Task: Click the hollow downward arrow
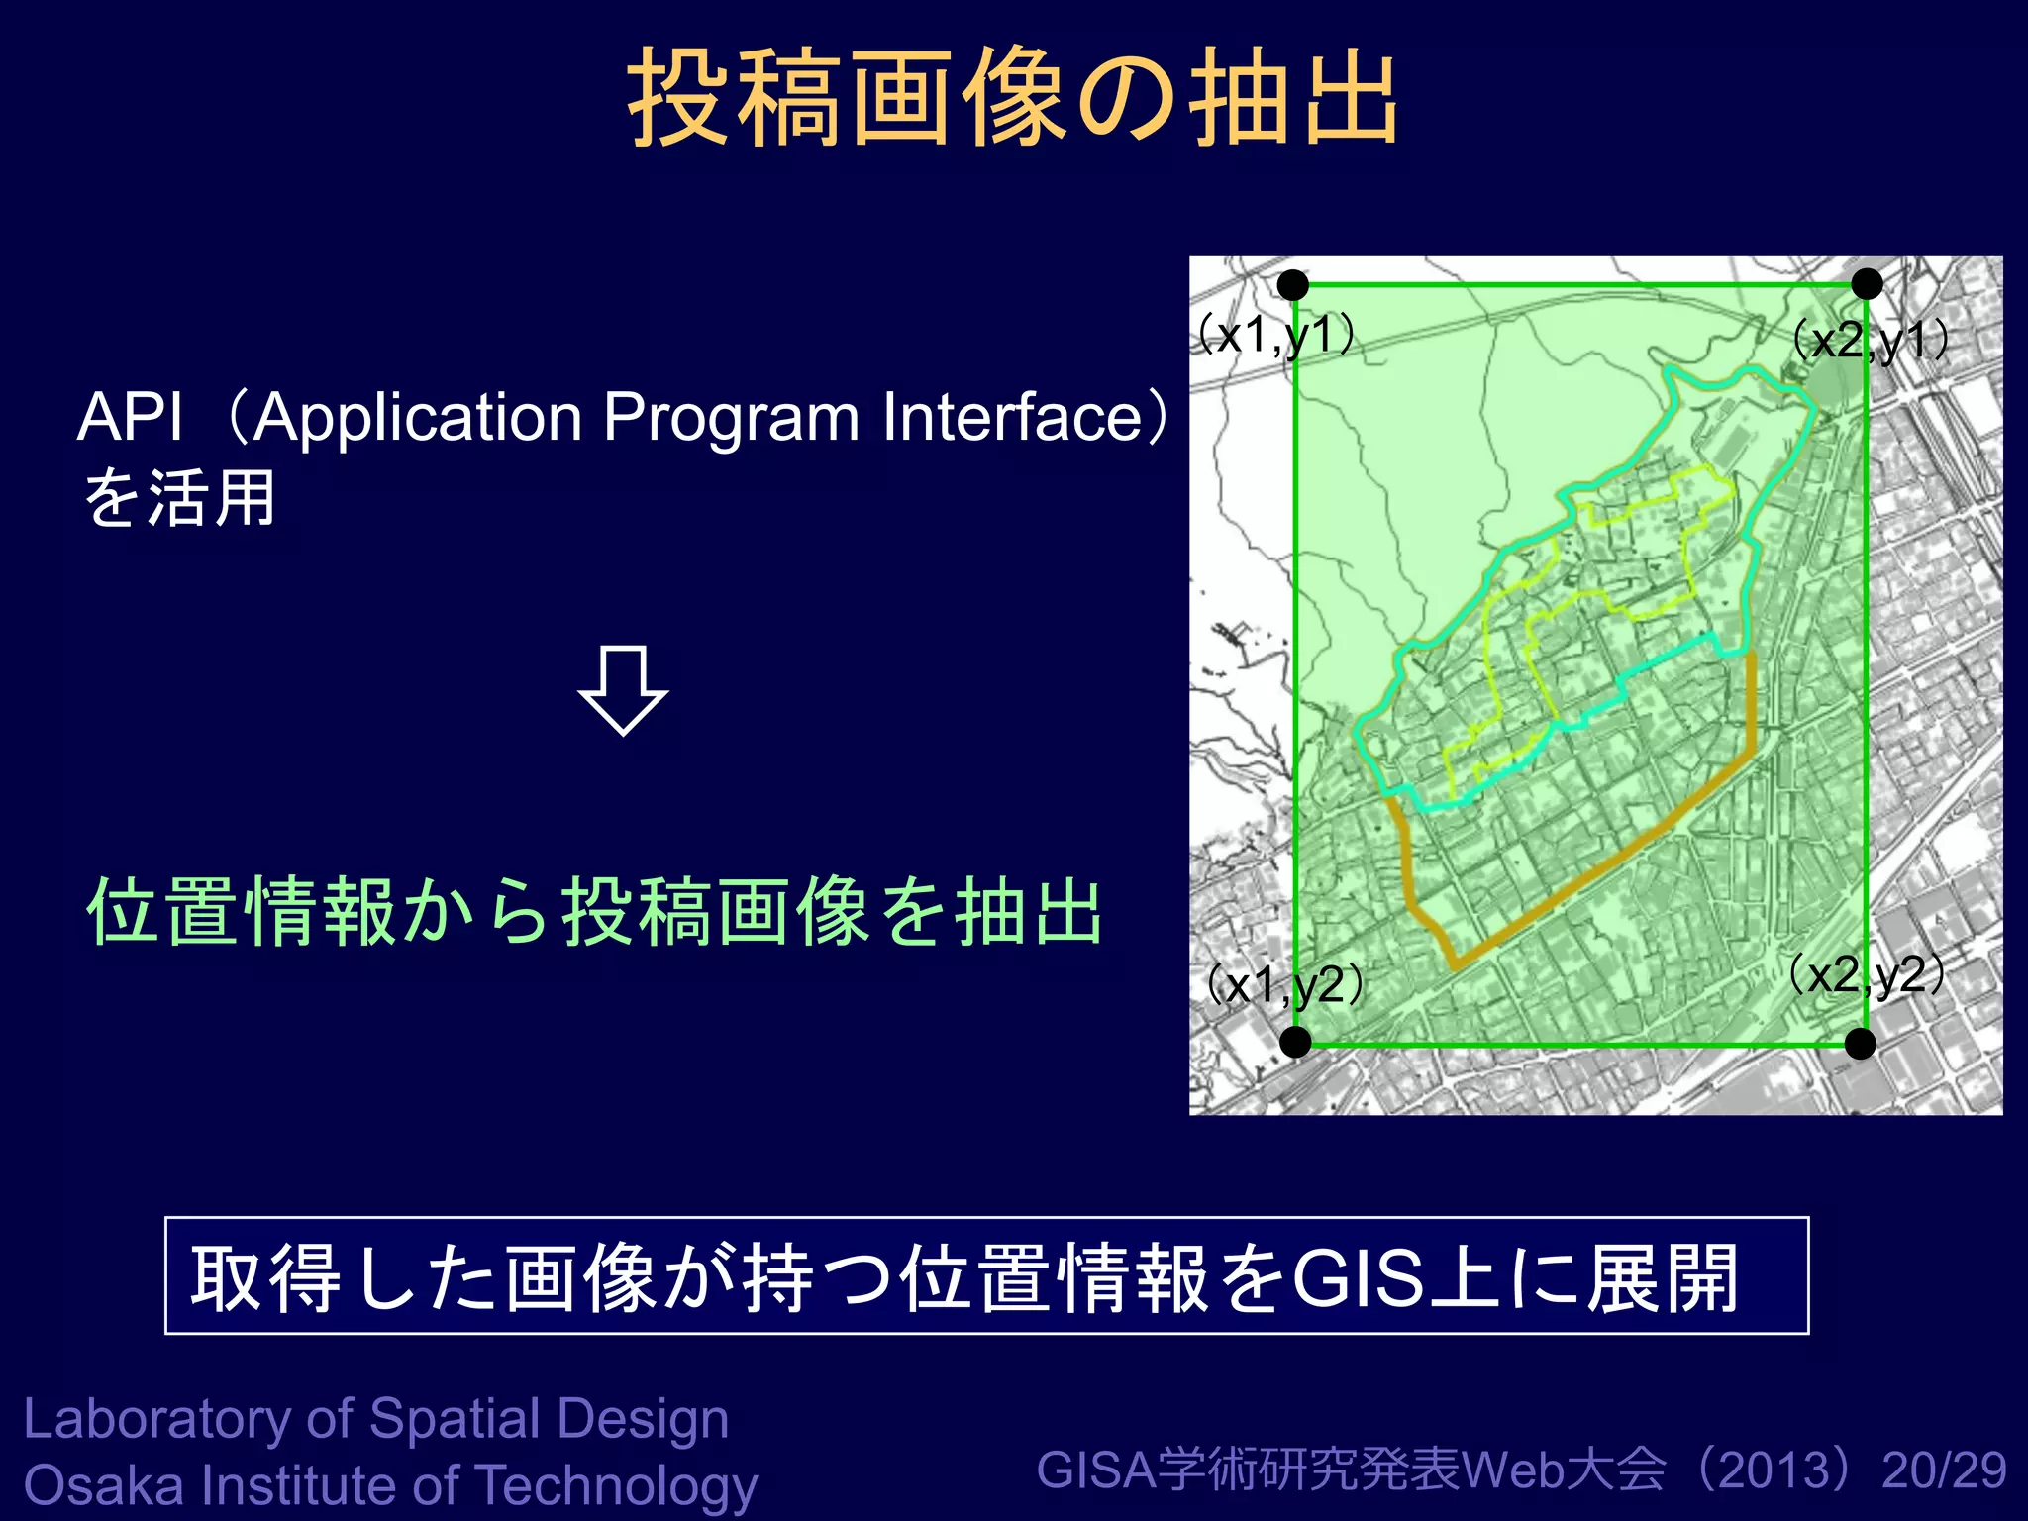[x=623, y=691]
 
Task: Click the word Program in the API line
[x=731, y=417]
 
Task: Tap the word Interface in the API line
[x=1012, y=417]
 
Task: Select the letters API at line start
[x=130, y=417]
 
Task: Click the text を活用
[x=178, y=498]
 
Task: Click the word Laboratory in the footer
[x=156, y=1419]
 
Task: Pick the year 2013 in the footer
[x=1774, y=1470]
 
